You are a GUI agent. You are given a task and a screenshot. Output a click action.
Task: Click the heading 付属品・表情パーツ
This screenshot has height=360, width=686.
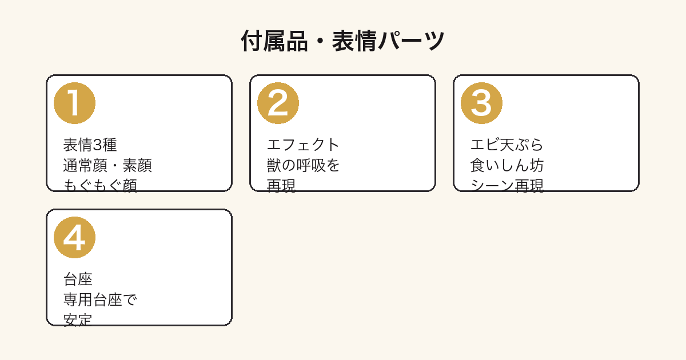[342, 41]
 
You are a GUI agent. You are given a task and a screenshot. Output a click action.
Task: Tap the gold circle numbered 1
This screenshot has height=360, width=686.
[74, 103]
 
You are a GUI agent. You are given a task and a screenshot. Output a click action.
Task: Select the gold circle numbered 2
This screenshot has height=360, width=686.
[278, 103]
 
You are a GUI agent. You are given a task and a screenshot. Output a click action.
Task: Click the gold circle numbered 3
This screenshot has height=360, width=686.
[481, 103]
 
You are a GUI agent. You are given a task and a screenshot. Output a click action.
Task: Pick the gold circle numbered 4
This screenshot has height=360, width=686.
[74, 238]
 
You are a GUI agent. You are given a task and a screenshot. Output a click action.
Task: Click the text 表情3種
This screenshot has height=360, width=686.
[90, 145]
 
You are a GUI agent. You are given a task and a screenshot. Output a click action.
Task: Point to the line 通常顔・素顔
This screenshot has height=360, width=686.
[107, 165]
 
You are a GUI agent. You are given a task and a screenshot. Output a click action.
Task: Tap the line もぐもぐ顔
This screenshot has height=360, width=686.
[100, 186]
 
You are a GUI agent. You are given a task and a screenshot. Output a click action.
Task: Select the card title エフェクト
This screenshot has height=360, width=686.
[303, 145]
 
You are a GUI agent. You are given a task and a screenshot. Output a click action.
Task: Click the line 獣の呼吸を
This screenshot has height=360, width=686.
[303, 165]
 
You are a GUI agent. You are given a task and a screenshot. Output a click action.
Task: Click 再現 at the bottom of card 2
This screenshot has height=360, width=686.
[281, 186]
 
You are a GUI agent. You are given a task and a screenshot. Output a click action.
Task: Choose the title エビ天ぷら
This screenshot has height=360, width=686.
[506, 145]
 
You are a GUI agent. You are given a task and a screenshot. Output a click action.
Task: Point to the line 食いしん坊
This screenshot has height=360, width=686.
[507, 165]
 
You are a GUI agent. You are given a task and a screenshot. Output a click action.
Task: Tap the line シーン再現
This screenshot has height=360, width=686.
[507, 186]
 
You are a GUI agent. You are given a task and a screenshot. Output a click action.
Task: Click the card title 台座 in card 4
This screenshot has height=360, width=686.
[78, 279]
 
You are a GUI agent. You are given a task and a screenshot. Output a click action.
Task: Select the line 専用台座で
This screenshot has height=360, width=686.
[100, 299]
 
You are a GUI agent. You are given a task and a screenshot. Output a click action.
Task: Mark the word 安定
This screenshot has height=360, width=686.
[78, 320]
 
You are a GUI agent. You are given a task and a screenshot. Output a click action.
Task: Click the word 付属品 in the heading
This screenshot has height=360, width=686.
[274, 41]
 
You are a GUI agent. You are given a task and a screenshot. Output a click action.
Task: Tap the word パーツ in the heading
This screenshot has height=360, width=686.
[410, 41]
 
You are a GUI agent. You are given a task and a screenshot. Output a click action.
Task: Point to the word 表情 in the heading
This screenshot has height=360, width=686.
[354, 41]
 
